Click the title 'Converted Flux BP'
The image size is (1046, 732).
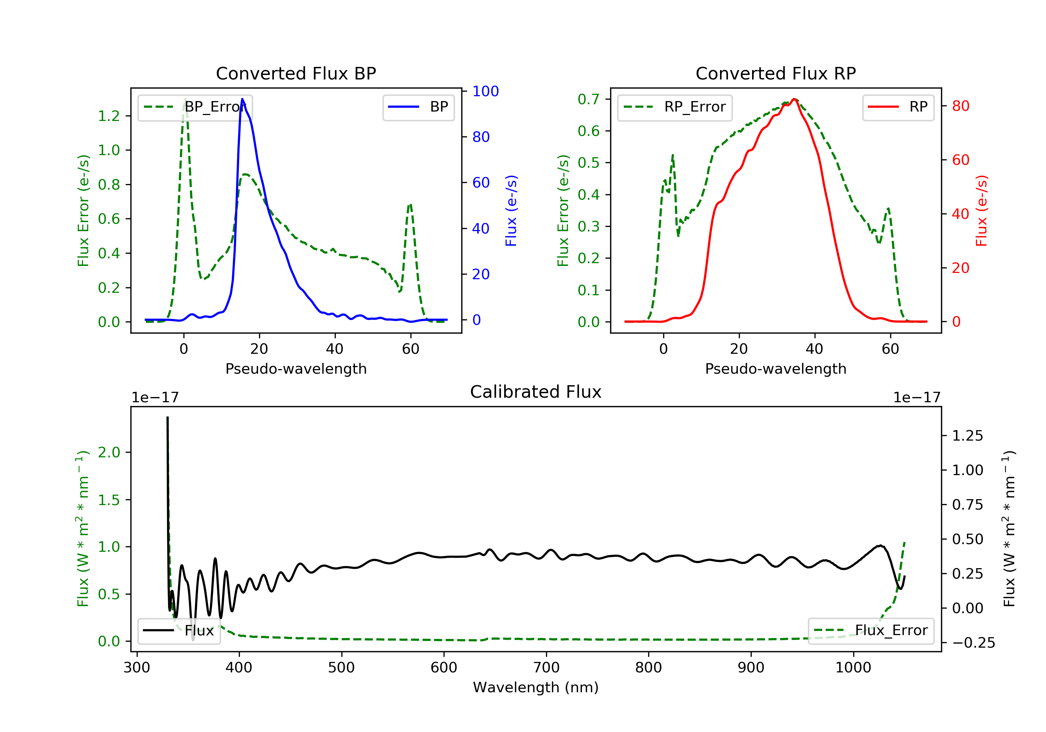[296, 73]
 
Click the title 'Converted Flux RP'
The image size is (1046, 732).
[775, 73]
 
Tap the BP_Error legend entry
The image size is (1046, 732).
[195, 107]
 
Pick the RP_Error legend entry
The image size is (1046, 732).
[675, 107]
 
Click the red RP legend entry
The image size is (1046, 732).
[898, 107]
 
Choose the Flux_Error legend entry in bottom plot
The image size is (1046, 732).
[871, 631]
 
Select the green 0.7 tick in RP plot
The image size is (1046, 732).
[588, 99]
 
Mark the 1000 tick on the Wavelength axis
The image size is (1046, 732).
[853, 668]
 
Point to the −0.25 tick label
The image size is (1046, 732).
[973, 643]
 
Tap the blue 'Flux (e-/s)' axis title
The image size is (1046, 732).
[511, 211]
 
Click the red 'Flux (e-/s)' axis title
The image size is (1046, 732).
[981, 211]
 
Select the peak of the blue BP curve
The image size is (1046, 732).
[242, 99]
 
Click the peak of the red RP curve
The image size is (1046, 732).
[794, 99]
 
